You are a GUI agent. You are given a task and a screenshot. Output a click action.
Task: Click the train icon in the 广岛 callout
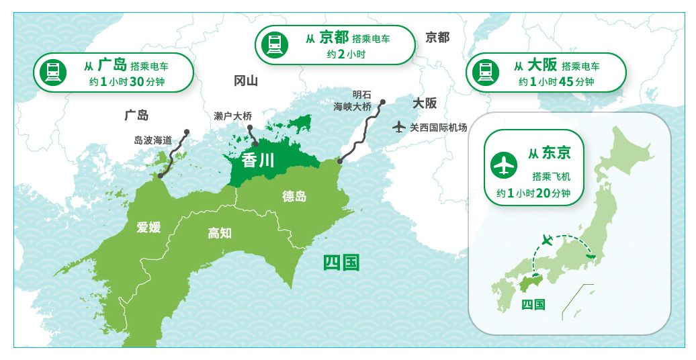tap(53, 72)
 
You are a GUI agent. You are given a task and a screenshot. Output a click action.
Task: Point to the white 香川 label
tap(253, 160)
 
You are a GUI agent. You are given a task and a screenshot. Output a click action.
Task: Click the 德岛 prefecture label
tap(294, 196)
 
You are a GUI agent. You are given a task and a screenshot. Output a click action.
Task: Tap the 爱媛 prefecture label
tap(148, 226)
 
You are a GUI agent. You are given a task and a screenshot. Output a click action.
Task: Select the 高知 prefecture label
tap(219, 232)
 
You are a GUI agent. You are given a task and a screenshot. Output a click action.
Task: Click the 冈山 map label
tap(246, 81)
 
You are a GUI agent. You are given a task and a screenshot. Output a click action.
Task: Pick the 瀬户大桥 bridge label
tap(232, 116)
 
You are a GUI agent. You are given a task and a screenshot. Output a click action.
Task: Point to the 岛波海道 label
tap(153, 140)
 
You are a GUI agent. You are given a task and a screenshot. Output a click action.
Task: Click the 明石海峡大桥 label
tap(353, 101)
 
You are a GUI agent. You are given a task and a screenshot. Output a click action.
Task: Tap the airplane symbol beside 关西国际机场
tap(399, 126)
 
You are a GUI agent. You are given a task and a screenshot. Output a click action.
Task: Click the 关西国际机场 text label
tap(438, 126)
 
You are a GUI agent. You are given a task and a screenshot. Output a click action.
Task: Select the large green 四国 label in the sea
tap(341, 261)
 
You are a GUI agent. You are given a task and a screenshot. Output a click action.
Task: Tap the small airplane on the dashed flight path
tap(548, 240)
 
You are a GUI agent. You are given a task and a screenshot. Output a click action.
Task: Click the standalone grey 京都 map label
tap(437, 38)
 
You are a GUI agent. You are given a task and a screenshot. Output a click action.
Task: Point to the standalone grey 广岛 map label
tap(136, 115)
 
